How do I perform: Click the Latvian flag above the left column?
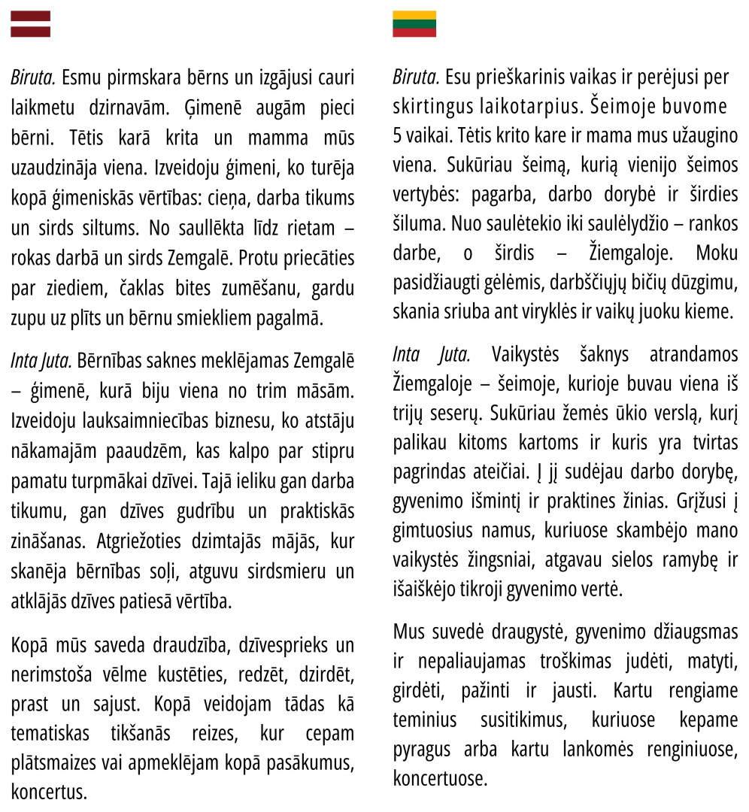30,24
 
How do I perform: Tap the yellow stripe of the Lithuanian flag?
414,15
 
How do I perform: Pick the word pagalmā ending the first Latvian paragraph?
288,318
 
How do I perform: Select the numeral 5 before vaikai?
397,136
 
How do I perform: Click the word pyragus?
423,750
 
